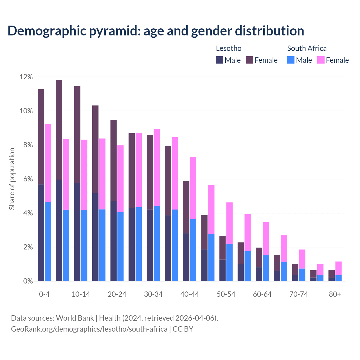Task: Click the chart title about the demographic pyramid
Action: click(156, 31)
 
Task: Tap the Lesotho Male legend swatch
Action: click(220, 60)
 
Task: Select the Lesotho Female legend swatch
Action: click(249, 60)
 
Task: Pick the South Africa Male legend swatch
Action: click(291, 60)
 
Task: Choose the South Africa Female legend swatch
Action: click(321, 60)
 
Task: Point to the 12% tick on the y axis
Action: click(26, 77)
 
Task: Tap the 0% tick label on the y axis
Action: click(28, 281)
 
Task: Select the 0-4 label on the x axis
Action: click(44, 294)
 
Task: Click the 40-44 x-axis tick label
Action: click(190, 294)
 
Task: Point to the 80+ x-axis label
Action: click(335, 294)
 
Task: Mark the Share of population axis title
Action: click(12, 179)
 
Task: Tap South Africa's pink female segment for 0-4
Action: click(48, 163)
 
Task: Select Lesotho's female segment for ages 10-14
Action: click(77, 135)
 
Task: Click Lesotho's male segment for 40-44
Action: click(186, 257)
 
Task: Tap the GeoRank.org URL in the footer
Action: click(89, 329)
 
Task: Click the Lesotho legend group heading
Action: click(229, 48)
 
